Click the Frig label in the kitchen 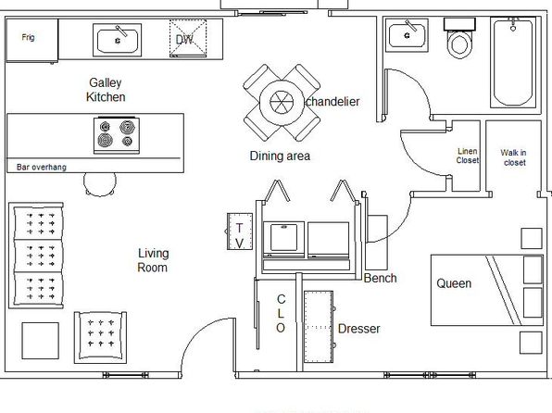click(28, 37)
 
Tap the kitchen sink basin click(118, 41)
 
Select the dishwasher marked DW click(188, 38)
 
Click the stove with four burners click(117, 135)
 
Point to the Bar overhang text click(41, 167)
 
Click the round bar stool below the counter click(100, 183)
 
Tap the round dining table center click(282, 102)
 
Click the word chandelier click(332, 102)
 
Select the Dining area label click(280, 156)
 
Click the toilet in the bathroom click(459, 39)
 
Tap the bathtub click(513, 62)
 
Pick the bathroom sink click(407, 35)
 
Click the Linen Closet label click(468, 156)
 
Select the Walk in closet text click(514, 157)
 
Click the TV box click(240, 232)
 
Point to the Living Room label click(153, 260)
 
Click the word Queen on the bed click(454, 283)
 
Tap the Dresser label click(359, 329)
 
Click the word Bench click(381, 278)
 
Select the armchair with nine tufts click(100, 337)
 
